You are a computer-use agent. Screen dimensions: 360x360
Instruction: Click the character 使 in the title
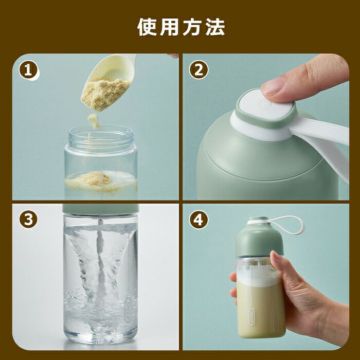pyautogui.click(x=147, y=27)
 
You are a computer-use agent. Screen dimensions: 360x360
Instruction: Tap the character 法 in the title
pyautogui.click(x=215, y=27)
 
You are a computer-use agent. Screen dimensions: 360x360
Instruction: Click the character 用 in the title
pyautogui.click(x=169, y=27)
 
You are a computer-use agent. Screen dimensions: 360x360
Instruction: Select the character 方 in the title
pyautogui.click(x=192, y=27)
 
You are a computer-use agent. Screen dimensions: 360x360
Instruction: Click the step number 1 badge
pyautogui.click(x=28, y=70)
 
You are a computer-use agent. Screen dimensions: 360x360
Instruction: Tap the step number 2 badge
pyautogui.click(x=199, y=70)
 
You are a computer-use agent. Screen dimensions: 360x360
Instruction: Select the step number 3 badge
pyautogui.click(x=28, y=219)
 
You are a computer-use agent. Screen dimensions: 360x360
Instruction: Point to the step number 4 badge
pyautogui.click(x=199, y=220)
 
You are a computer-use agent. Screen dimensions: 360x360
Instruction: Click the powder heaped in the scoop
pyautogui.click(x=104, y=94)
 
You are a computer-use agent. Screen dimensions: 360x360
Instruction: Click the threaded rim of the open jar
pyautogui.click(x=101, y=135)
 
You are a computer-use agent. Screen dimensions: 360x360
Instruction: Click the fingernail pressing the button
pyautogui.click(x=272, y=86)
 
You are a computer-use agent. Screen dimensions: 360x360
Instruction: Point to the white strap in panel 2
pyautogui.click(x=321, y=142)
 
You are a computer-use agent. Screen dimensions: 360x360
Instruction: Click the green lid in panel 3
pyautogui.click(x=101, y=209)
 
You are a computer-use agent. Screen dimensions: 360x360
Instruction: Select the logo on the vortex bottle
pyautogui.click(x=128, y=310)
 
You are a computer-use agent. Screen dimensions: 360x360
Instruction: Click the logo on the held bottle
pyautogui.click(x=252, y=317)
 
